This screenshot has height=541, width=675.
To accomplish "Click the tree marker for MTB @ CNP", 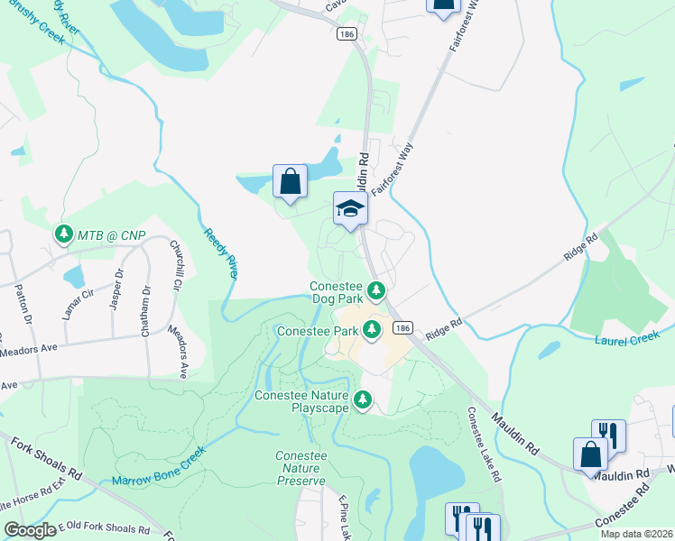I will (63, 235).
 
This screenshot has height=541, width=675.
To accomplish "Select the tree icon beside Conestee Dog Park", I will (376, 290).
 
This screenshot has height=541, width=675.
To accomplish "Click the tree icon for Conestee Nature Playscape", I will (363, 399).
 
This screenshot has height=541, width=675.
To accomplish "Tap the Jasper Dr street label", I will (116, 288).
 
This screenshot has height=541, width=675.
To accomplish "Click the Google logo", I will (30, 530).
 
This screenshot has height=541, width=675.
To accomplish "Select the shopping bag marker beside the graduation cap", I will (290, 181).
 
